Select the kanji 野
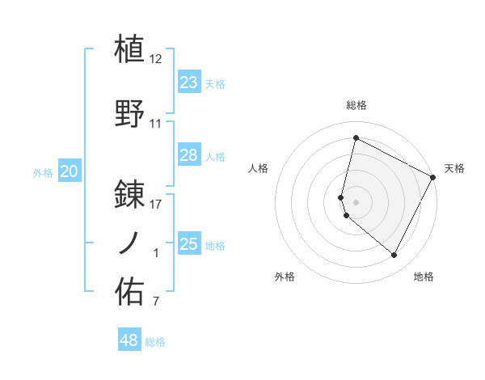[x=130, y=112]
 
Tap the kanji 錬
[x=130, y=194]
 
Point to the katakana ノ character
[x=130, y=242]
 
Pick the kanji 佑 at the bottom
[x=130, y=291]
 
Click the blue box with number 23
[x=188, y=82]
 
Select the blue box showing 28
[x=188, y=155]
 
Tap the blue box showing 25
[x=188, y=244]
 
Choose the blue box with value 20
[x=70, y=171]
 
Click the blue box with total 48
[x=129, y=340]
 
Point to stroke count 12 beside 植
[x=156, y=59]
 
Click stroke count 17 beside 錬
[x=156, y=205]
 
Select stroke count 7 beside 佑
[x=156, y=302]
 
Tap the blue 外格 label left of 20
[x=43, y=172]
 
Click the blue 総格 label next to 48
[x=155, y=342]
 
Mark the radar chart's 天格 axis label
[x=454, y=168]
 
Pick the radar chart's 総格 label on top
[x=356, y=105]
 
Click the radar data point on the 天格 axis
[x=434, y=177]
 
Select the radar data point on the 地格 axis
[x=394, y=255]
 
